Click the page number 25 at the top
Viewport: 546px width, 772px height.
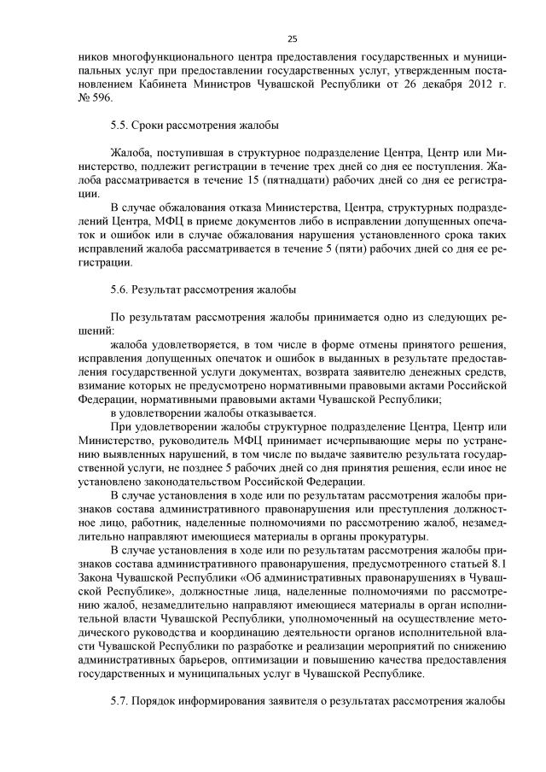pos(292,39)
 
